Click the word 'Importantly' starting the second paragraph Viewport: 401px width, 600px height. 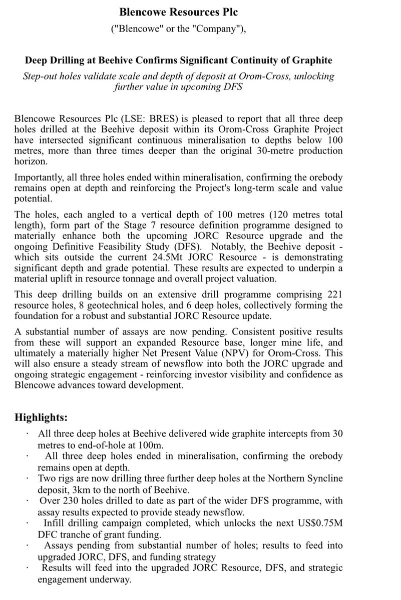(x=39, y=177)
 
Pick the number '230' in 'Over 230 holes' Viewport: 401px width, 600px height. (x=75, y=501)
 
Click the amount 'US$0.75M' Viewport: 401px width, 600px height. (x=324, y=524)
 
